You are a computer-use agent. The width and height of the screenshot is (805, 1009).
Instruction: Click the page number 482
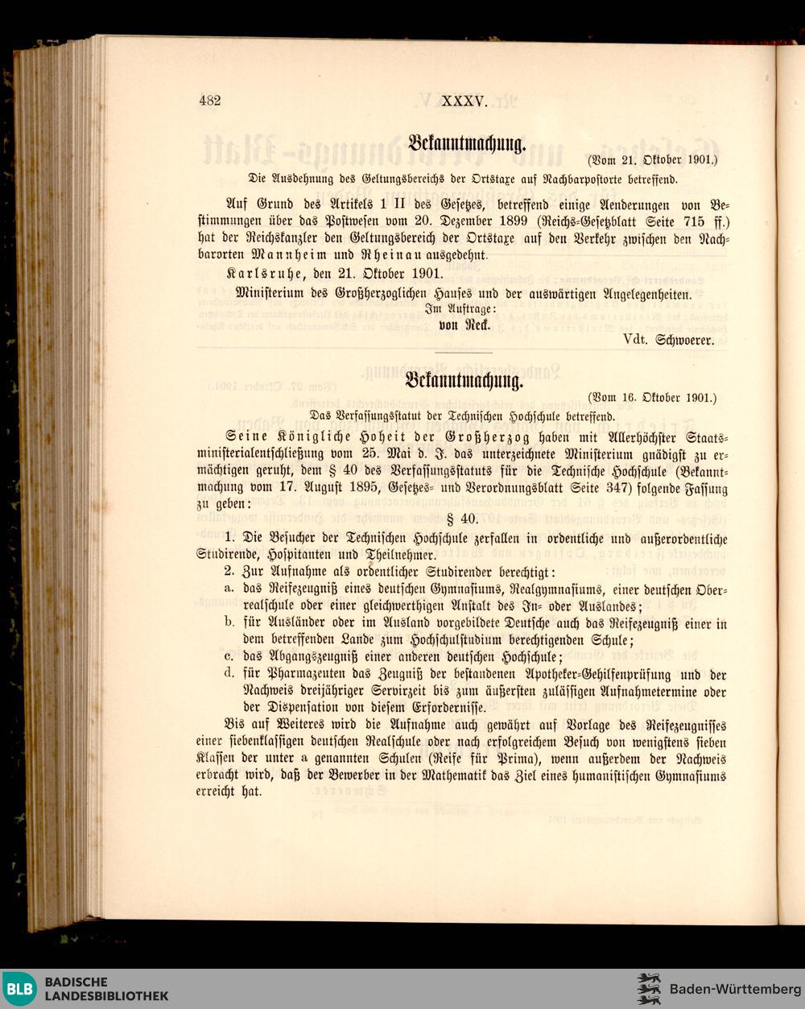tap(209, 101)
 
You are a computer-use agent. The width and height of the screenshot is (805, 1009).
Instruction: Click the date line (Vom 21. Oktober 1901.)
tap(651, 159)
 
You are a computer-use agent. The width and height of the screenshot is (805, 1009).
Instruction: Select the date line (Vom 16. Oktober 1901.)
tap(651, 397)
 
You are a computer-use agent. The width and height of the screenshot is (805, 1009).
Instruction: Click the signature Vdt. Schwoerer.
tap(668, 341)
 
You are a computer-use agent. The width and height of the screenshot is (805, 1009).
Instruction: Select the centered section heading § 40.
tap(462, 519)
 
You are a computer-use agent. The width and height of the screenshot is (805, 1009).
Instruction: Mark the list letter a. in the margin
tap(230, 589)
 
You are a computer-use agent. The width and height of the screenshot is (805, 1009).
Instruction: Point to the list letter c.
tap(230, 656)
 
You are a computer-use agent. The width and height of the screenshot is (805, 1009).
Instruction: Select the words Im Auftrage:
tap(461, 310)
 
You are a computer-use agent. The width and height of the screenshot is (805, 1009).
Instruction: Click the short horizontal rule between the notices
tap(462, 353)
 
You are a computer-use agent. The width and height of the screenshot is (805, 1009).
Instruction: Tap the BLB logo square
tap(21, 989)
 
